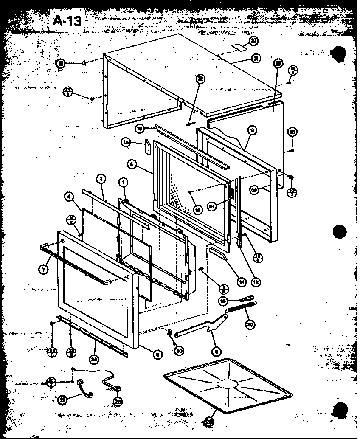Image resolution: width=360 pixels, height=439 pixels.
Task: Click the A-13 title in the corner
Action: click(67, 20)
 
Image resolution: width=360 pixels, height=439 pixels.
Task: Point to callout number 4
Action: click(68, 197)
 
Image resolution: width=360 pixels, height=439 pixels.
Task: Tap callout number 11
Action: click(242, 281)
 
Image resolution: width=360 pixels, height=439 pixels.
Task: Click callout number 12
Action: click(256, 281)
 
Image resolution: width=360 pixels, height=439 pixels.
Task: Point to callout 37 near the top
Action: click(253, 41)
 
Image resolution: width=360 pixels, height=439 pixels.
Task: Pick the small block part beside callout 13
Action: click(147, 146)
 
